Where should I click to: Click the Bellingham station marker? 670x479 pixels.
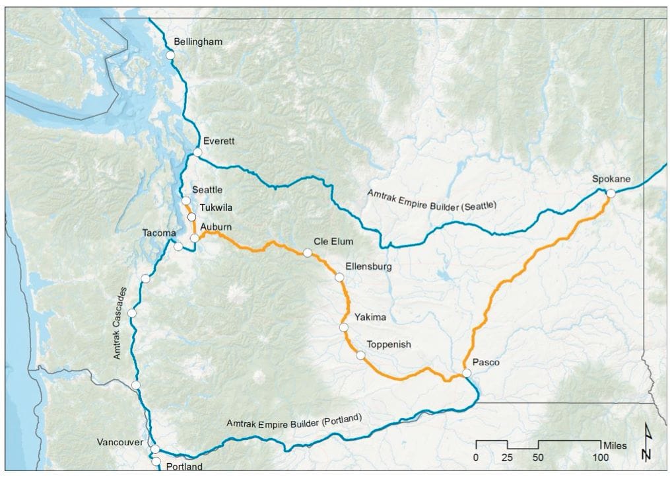pos(170,56)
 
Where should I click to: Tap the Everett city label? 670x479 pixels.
pos(218,141)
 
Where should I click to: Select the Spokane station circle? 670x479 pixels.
pos(611,193)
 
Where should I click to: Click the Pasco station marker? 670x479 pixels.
pos(467,373)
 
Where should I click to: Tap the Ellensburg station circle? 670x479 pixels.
pos(339,277)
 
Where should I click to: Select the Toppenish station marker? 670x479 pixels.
pos(360,355)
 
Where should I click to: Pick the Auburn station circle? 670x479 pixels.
pos(195,238)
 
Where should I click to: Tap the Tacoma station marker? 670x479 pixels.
pos(178,246)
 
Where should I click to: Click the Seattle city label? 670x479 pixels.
pos(207,190)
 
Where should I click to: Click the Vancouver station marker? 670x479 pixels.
pos(155,449)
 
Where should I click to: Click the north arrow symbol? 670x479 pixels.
pos(646,443)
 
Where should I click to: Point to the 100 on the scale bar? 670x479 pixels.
pos(600,458)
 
